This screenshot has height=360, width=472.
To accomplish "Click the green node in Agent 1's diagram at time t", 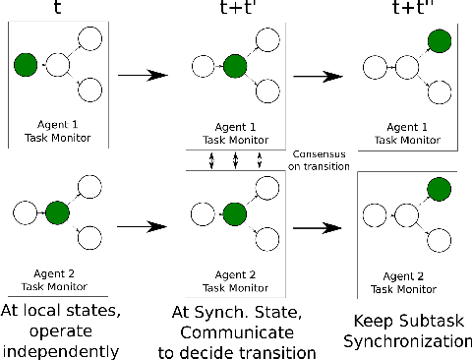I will coord(27,66).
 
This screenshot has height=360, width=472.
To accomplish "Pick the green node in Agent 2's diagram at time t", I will coord(57,211).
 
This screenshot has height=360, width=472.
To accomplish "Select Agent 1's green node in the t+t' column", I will coord(234,67).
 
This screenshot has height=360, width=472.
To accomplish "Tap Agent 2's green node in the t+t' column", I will coord(234,213).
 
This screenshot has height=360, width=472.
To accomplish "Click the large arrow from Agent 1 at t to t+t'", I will coord(141,73).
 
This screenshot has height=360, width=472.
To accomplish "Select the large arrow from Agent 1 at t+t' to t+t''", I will coord(318,73).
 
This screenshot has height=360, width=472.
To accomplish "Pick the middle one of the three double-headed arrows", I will coord(235,160).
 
